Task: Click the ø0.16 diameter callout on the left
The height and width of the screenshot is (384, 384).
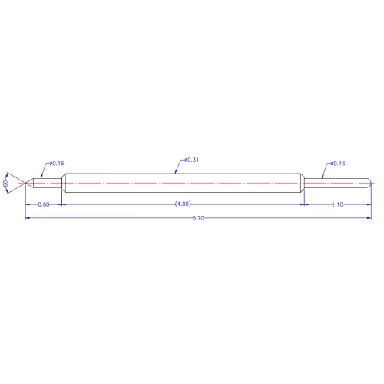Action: click(56, 164)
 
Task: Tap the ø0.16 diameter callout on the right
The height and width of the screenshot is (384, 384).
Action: click(337, 164)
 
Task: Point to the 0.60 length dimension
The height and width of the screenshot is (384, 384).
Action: click(44, 204)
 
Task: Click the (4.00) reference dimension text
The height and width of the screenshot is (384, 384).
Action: click(183, 204)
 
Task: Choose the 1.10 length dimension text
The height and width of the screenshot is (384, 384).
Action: click(337, 204)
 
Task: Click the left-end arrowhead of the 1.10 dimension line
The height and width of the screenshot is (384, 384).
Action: click(305, 204)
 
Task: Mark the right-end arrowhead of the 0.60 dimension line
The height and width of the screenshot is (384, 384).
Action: click(60, 204)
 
